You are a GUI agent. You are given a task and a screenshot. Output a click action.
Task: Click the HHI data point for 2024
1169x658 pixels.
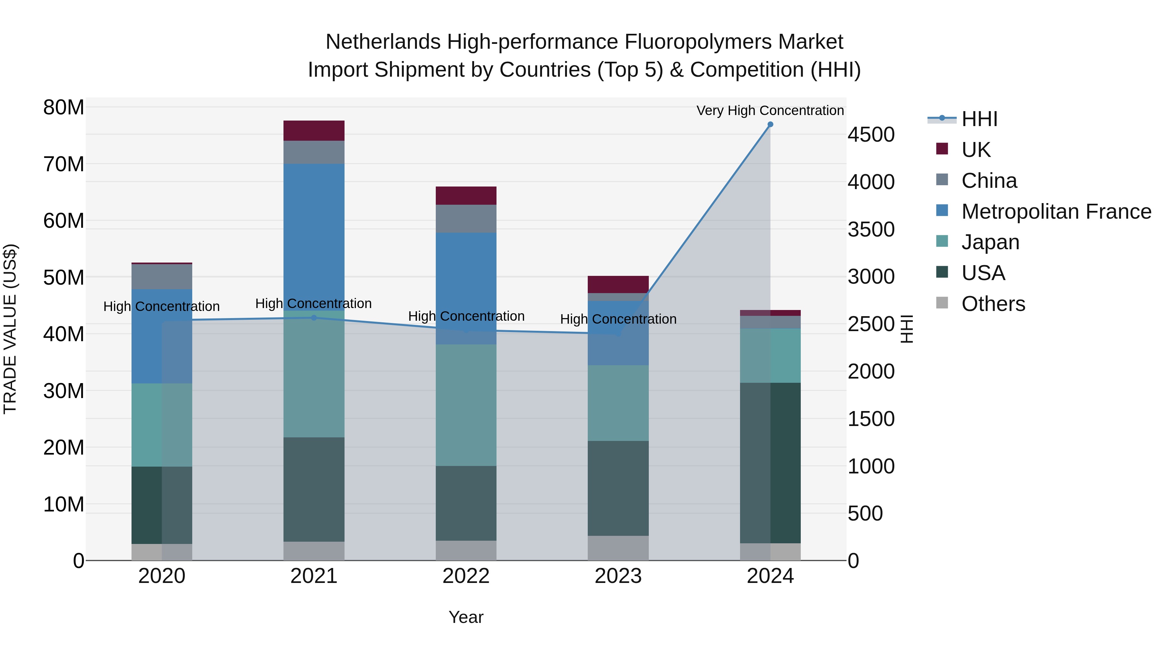click(770, 124)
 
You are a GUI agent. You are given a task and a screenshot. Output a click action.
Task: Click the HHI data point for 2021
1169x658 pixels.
click(314, 318)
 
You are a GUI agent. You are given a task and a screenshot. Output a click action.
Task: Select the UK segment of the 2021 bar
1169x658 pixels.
click(314, 131)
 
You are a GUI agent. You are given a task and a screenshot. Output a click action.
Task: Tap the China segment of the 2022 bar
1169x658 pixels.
click(466, 218)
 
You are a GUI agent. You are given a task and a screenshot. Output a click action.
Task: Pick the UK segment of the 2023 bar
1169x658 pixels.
click(618, 284)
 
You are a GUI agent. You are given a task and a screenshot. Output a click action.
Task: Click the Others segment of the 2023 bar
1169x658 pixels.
click(618, 548)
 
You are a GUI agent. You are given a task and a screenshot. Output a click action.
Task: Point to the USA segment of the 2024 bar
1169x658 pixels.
click(770, 463)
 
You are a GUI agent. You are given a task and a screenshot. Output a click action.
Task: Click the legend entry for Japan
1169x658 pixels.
click(990, 242)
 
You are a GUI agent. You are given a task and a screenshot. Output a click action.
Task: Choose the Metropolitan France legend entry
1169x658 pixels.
click(1056, 212)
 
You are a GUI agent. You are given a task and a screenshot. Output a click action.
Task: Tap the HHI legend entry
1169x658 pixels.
click(979, 119)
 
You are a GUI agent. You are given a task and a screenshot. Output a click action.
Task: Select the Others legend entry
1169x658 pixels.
click(993, 304)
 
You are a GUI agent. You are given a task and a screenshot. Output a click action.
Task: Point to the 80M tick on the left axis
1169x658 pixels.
click(64, 108)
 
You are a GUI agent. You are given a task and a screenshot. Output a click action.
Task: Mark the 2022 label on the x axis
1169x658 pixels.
click(466, 576)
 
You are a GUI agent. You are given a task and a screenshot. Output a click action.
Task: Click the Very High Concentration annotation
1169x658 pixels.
click(770, 110)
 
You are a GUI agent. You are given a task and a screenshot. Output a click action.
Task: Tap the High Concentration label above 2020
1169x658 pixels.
click(162, 306)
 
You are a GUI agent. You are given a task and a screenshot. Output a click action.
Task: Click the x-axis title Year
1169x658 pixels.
click(466, 617)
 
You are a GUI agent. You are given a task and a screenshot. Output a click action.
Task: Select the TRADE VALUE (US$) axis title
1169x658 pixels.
click(10, 329)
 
